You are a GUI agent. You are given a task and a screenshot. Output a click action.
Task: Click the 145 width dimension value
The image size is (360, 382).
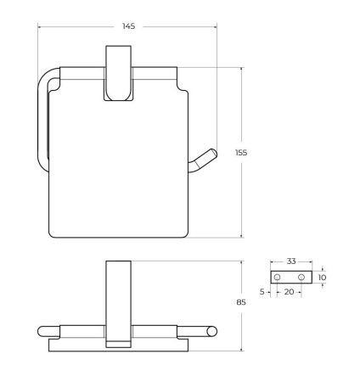point(128,26)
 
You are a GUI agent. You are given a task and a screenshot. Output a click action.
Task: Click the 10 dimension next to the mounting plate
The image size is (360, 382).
point(322,277)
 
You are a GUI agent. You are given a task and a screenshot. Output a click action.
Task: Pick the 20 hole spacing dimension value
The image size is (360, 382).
point(290,292)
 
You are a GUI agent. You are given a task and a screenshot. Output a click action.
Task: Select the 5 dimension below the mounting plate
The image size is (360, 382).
point(263,292)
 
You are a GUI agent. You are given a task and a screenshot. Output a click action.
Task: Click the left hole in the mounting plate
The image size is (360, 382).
point(277,278)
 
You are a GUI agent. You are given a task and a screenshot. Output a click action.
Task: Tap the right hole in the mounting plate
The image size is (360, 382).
point(301,278)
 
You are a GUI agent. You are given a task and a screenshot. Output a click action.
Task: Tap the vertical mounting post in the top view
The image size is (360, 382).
point(118,297)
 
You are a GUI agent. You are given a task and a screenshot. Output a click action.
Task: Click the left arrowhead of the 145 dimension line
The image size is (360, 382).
point(40,26)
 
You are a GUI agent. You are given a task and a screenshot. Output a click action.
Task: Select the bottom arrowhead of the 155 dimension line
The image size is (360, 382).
point(242,237)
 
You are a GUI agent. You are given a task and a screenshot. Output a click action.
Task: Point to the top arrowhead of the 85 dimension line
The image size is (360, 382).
point(242,261)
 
